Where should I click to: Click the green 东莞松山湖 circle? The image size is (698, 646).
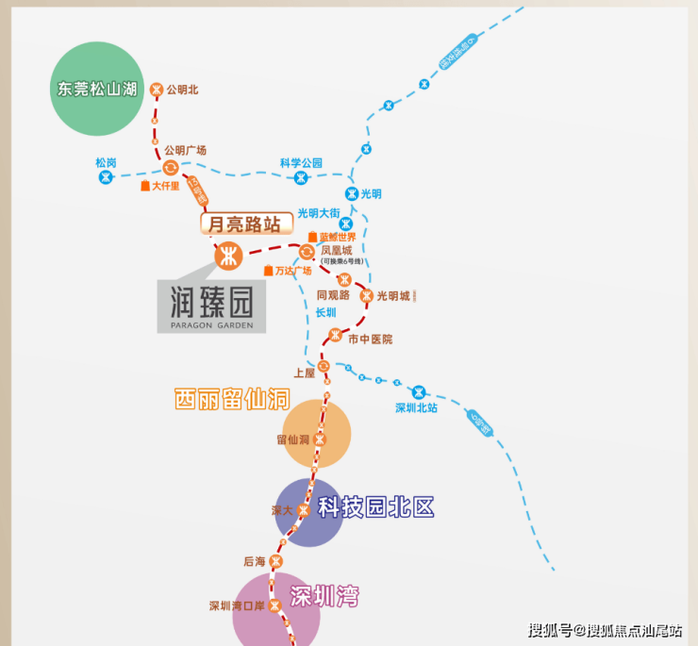click(97, 90)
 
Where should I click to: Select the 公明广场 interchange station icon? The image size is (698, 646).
click(170, 168)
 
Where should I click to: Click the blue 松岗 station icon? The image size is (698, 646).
click(106, 176)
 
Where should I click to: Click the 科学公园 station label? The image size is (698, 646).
click(301, 163)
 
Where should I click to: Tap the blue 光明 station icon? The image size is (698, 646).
click(351, 193)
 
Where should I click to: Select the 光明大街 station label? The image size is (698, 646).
click(318, 213)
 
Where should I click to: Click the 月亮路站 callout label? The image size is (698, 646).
click(241, 224)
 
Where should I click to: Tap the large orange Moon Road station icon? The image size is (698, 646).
click(228, 255)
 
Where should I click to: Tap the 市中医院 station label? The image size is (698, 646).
click(370, 339)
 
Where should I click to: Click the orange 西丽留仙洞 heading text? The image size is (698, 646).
click(231, 399)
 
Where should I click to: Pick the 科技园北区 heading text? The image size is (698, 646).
click(375, 507)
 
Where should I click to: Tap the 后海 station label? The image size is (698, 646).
click(255, 561)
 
